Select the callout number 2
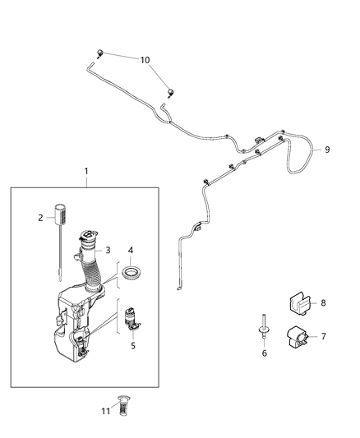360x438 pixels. point(39,218)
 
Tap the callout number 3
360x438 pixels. point(107,250)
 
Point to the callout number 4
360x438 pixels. point(131,249)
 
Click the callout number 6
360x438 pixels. point(264,353)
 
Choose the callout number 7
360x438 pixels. point(323,336)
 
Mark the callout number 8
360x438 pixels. point(323,302)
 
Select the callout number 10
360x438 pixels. point(145,61)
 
